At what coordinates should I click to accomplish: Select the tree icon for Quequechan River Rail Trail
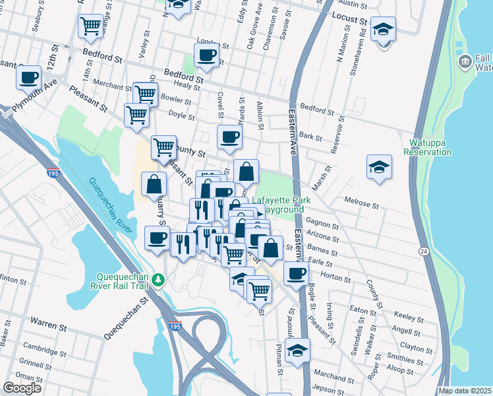(158, 280)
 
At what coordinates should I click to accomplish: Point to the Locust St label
(349, 18)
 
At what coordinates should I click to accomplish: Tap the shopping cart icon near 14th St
(91, 26)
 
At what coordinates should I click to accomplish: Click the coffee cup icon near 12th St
(29, 77)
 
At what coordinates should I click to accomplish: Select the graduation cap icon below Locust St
(383, 29)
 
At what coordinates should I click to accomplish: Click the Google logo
(22, 388)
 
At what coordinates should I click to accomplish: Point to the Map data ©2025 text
(465, 391)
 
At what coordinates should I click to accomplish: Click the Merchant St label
(112, 86)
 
